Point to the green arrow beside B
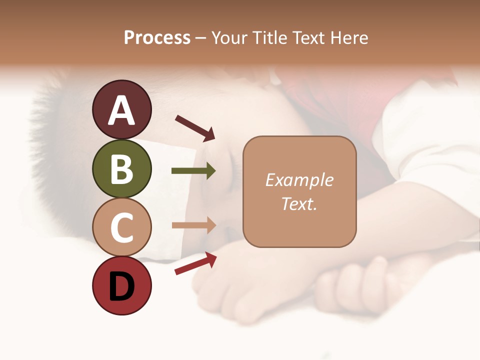coord(193,171)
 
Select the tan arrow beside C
coord(193,225)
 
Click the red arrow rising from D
coord(195,263)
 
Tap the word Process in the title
coord(157,38)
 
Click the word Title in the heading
coord(270,38)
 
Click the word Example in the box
coord(299,180)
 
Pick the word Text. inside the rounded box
coord(299,204)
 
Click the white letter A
coord(122,110)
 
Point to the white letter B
coord(122,168)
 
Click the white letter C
coord(122,227)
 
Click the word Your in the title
coord(230,38)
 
